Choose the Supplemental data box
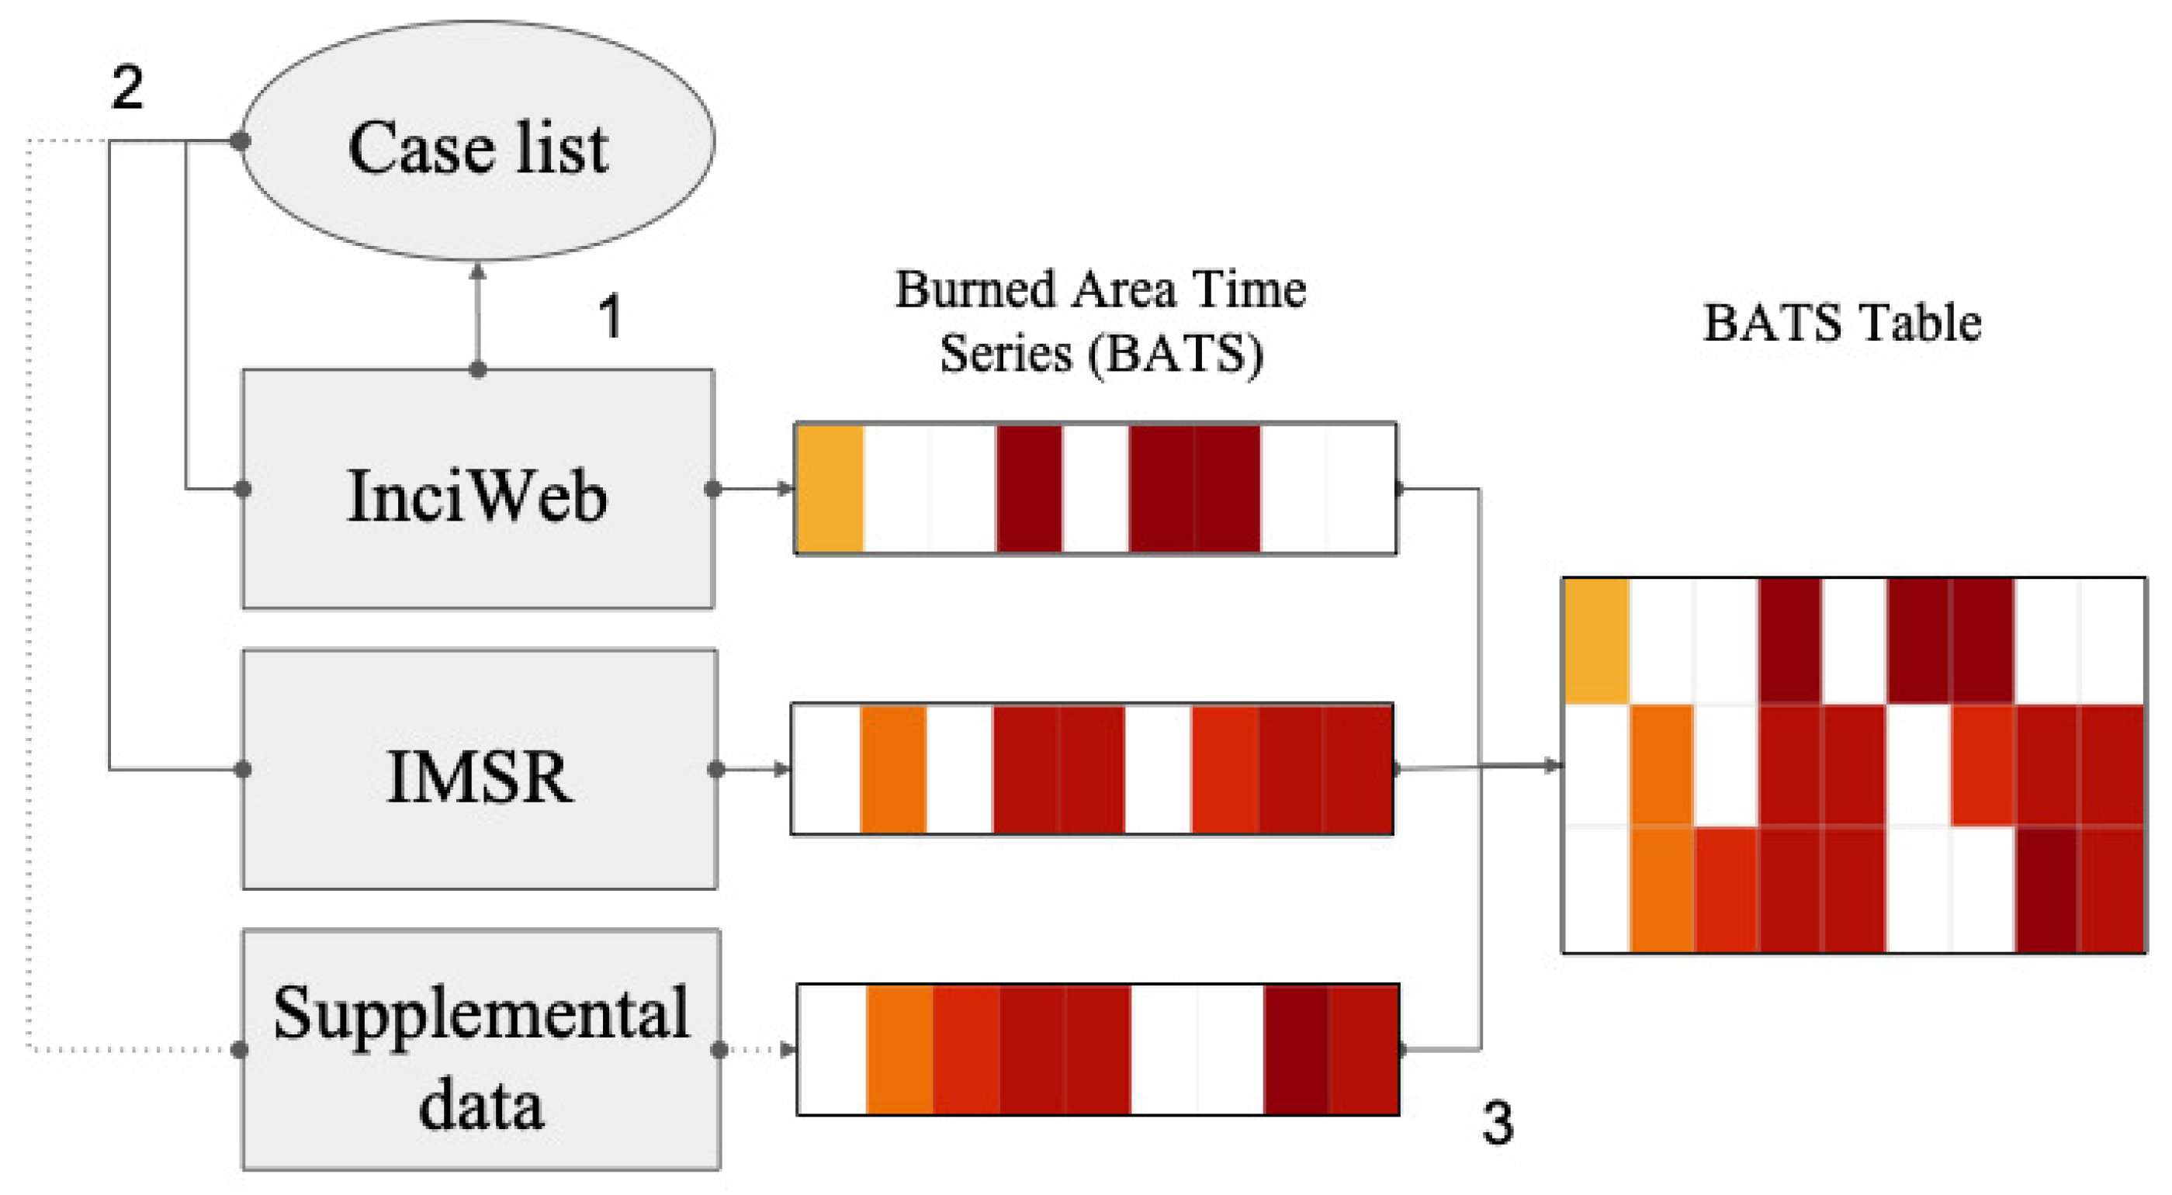[480, 1050]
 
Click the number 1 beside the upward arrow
[610, 317]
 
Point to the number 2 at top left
[127, 87]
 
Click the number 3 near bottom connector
[1498, 1124]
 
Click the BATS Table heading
[1841, 323]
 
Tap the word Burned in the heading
[975, 290]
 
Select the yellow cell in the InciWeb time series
[830, 489]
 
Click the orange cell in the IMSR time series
[893, 769]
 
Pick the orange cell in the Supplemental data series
[899, 1050]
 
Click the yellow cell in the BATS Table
[1596, 641]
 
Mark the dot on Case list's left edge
[241, 140]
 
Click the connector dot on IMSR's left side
[243, 769]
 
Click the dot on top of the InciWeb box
[477, 369]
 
